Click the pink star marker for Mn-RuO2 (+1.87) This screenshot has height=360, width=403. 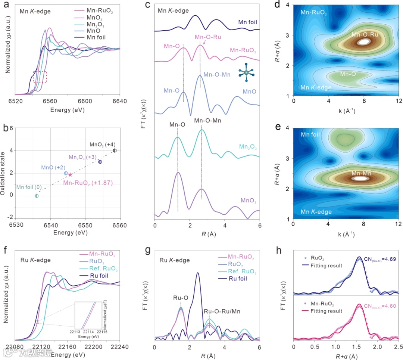(x=70, y=175)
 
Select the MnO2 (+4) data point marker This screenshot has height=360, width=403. (x=115, y=150)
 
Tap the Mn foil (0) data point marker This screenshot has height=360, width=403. (x=37, y=196)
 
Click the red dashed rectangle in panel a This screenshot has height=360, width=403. (x=40, y=77)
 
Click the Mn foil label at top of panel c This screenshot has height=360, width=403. (x=249, y=22)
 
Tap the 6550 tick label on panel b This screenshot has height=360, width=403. (x=86, y=226)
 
